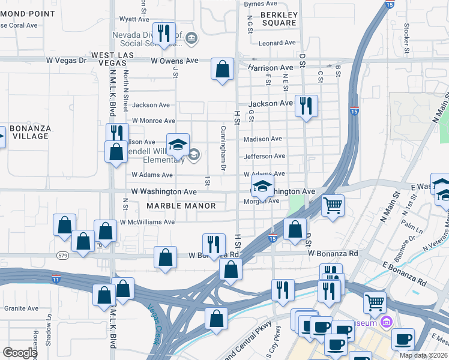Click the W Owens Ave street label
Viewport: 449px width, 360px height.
[x=175, y=61]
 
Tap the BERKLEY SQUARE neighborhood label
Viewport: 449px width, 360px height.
[x=279, y=19]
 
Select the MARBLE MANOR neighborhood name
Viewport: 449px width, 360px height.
[x=181, y=206]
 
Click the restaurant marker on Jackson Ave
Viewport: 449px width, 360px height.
[x=306, y=106]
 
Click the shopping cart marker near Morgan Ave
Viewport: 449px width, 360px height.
[x=333, y=206]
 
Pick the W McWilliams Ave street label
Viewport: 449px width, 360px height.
[x=147, y=222]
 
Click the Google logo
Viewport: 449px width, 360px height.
[x=20, y=353]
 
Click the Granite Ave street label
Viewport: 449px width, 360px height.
[x=21, y=308]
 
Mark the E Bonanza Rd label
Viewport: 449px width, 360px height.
[x=404, y=274]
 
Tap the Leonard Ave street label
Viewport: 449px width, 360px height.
[x=277, y=43]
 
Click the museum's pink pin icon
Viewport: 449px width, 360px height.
[x=387, y=323]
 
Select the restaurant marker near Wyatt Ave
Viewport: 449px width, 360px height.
[x=163, y=34]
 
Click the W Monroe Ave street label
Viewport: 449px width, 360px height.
[x=153, y=120]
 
